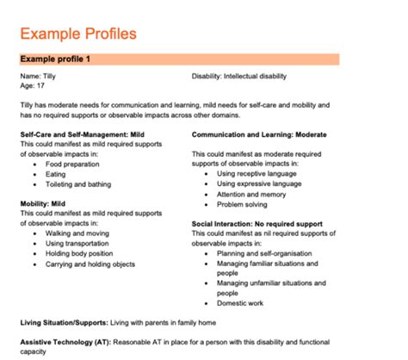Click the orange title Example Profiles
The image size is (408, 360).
(77, 34)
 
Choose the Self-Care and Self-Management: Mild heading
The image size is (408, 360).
(81, 135)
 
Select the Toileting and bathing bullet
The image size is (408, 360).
(78, 183)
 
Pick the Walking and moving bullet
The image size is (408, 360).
(76, 233)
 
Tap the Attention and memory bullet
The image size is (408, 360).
(253, 194)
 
